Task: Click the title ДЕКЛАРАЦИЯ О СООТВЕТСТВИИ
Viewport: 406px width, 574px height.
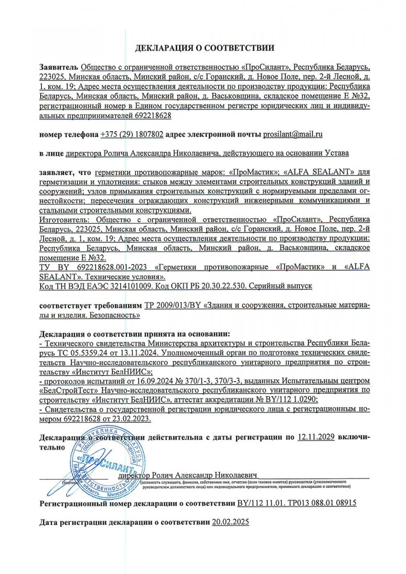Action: pos(205,48)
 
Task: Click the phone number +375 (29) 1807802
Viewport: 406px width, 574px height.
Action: pos(132,134)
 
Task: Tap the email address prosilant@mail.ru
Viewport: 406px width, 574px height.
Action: pos(293,134)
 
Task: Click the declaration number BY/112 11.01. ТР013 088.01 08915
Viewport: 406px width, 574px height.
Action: pos(296,504)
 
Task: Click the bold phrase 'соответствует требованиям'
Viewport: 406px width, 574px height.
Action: pos(90,305)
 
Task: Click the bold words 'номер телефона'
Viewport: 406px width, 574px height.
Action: pos(69,134)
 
